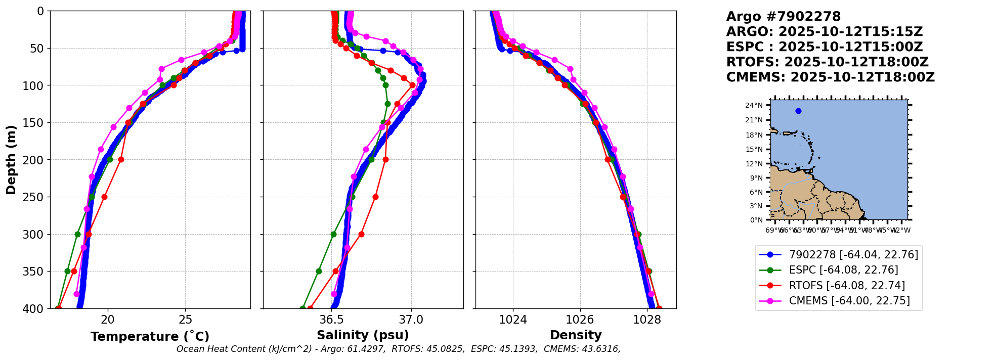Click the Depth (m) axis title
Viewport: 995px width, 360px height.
[11, 159]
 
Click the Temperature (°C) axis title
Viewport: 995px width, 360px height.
[150, 337]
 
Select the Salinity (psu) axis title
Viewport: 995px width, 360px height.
[363, 335]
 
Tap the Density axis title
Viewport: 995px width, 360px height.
[576, 335]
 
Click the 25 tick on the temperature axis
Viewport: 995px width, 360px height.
[185, 320]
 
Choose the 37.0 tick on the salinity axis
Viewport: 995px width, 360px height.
[411, 320]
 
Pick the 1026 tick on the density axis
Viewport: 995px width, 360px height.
[580, 320]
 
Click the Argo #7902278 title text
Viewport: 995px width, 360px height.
[783, 17]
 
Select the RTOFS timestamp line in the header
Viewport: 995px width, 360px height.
[827, 62]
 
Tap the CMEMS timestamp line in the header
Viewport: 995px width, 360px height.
[830, 77]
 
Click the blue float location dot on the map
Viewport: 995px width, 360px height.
[798, 111]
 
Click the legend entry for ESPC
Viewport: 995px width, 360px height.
[843, 270]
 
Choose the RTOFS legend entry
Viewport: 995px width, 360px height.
[847, 286]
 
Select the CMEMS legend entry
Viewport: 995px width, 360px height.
[849, 301]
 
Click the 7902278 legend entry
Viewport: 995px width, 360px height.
[853, 255]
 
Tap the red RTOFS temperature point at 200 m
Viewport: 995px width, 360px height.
[121, 159]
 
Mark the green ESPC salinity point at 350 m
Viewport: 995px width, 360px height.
[319, 271]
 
